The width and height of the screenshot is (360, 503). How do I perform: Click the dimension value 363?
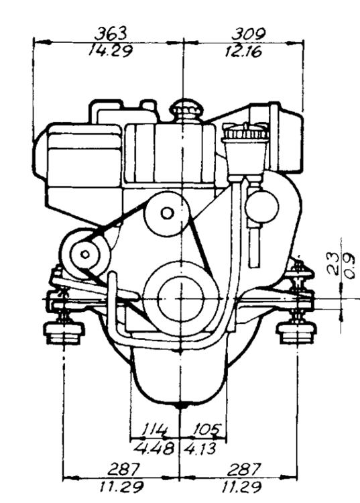(x=111, y=34)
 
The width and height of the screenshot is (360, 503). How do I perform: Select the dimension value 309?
(x=248, y=34)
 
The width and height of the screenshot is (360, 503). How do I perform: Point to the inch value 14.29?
(x=110, y=51)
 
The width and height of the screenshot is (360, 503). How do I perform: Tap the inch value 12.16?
(x=243, y=52)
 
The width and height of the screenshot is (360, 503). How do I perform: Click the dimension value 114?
(x=154, y=429)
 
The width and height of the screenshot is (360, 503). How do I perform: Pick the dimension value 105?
(x=206, y=429)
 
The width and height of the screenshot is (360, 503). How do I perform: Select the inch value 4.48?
(x=154, y=449)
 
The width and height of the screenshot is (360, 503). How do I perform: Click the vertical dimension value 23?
(x=333, y=264)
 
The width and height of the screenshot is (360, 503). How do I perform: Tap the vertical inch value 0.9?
(x=349, y=266)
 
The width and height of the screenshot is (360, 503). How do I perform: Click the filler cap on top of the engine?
(x=186, y=111)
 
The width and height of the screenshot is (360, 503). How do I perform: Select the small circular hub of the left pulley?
(x=85, y=255)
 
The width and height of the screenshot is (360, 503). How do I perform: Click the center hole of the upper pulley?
(x=167, y=213)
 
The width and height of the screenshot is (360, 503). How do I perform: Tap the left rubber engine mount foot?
(x=64, y=333)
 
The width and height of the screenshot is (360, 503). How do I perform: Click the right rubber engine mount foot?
(x=296, y=333)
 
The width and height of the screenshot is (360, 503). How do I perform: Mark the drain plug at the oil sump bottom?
(x=182, y=406)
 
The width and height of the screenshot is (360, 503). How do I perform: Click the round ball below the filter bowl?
(x=262, y=207)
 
